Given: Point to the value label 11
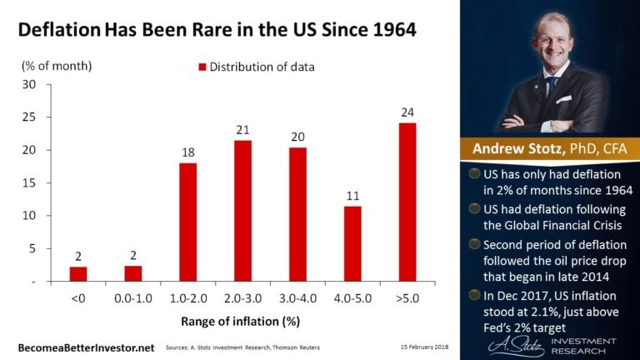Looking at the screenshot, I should pos(352,195).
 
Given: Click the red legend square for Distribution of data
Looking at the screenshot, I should pos(202,65).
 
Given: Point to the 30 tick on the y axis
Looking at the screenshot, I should pos(30,85).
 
